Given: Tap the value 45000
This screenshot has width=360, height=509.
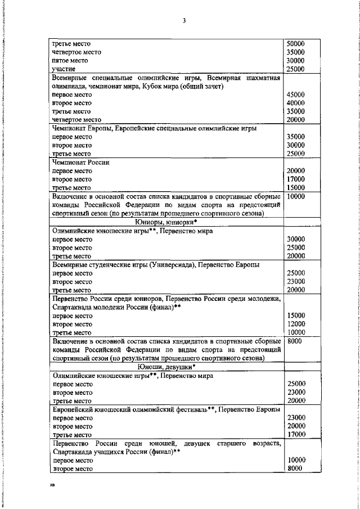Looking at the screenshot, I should point(295,94).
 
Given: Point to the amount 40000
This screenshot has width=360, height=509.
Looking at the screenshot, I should point(295,103).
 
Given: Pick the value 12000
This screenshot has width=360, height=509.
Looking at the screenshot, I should point(295,324).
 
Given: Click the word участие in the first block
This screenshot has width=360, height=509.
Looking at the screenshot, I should point(64,69).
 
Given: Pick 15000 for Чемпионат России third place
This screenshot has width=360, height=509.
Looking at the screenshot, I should point(295,188).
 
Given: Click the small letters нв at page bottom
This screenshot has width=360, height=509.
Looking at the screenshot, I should point(52,484).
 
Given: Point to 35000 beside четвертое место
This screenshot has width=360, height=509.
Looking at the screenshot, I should point(295,52).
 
